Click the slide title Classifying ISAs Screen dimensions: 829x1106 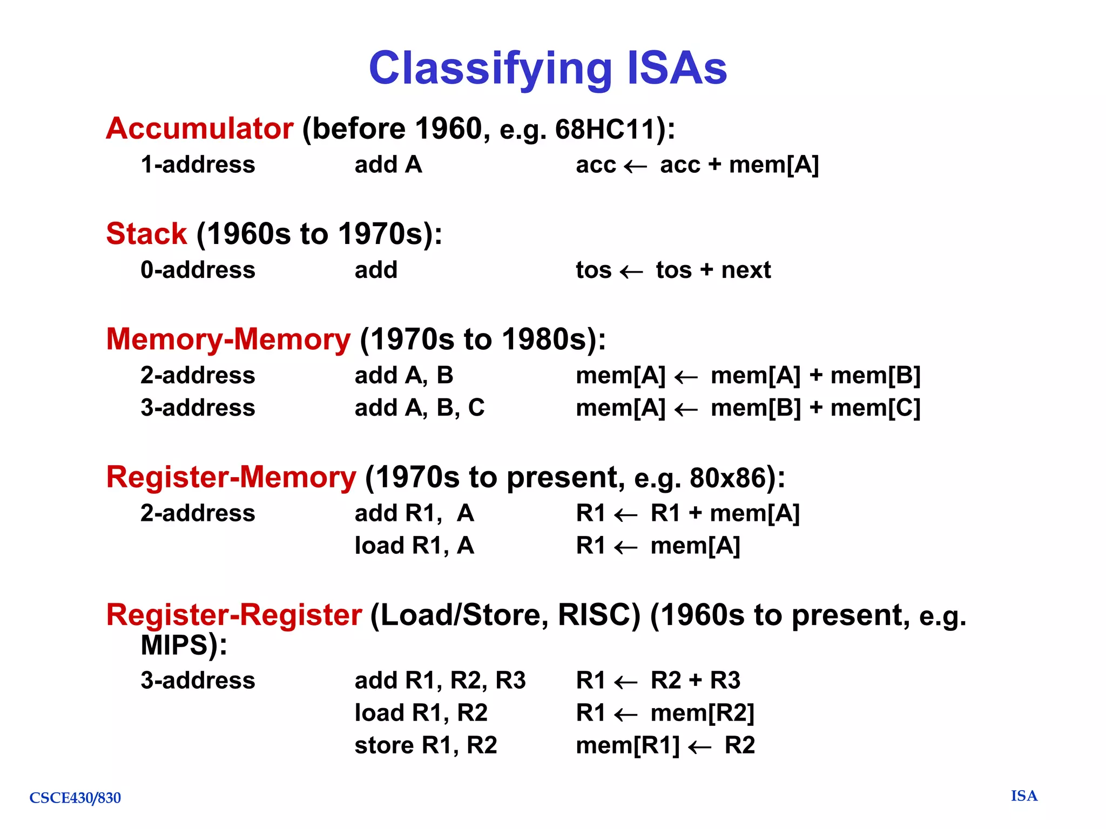coord(548,69)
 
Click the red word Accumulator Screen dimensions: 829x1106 coord(199,129)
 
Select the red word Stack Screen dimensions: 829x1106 coord(146,234)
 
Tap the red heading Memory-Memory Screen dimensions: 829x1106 coord(228,339)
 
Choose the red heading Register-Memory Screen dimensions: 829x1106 coord(231,478)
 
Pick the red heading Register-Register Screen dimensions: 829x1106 coord(234,615)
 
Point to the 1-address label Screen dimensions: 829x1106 coord(198,165)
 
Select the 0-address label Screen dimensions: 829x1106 coord(198,270)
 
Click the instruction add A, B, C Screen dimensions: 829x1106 coord(419,408)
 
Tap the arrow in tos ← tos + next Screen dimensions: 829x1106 coord(631,271)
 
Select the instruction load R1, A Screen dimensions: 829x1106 coord(414,546)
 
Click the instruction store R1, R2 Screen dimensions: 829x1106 coord(426,745)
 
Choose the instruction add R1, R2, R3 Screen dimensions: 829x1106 coord(440,681)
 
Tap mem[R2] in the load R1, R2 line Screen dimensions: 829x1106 coord(702,713)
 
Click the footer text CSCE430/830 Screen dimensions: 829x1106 coord(75,798)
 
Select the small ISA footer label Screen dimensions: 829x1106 coord(1024,796)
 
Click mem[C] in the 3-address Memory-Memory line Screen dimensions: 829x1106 coord(875,408)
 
